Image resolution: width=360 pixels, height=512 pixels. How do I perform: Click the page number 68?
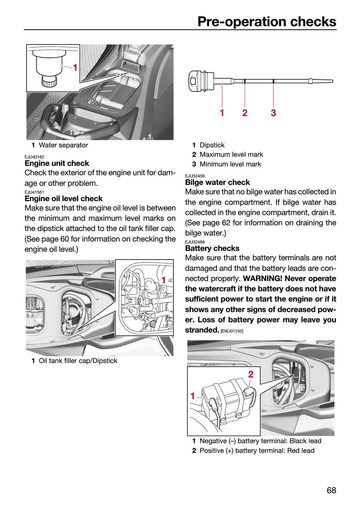[x=332, y=490]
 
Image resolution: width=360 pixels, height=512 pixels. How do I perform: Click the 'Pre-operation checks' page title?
[x=267, y=22]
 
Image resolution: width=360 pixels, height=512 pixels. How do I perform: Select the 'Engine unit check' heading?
[x=57, y=163]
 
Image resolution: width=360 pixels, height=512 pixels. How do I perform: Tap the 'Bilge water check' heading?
[x=217, y=182]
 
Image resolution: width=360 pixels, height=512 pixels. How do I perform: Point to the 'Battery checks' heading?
[x=212, y=248]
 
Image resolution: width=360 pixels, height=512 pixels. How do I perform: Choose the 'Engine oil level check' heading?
[x=63, y=199]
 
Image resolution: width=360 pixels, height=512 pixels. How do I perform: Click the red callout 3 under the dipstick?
[x=273, y=113]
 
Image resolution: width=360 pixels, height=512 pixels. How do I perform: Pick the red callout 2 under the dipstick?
[x=245, y=113]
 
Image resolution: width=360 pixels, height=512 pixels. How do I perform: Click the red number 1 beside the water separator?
[x=75, y=67]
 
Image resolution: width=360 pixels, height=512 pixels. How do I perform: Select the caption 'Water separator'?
[x=63, y=145]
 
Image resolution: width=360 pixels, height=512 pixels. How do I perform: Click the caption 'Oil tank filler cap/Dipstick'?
[x=78, y=361]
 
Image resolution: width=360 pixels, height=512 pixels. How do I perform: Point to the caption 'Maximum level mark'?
[x=231, y=154]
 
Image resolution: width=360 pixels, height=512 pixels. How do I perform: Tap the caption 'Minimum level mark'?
[x=230, y=164]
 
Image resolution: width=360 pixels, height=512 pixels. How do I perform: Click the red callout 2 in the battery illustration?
[x=251, y=374]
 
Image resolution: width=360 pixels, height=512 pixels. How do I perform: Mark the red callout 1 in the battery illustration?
[x=193, y=396]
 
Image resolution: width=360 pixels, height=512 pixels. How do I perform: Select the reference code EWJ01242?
[x=232, y=331]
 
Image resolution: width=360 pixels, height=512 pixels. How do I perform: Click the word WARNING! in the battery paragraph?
[x=263, y=278]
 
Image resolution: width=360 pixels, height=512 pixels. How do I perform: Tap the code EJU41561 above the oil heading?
[x=34, y=192]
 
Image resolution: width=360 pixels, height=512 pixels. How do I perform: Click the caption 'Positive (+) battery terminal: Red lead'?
[x=257, y=451]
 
